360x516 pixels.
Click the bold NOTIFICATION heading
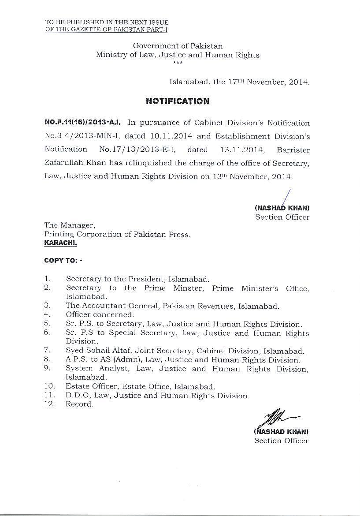178,101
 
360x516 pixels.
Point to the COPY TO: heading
63,260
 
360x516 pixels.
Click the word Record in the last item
79,404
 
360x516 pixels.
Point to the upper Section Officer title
282,217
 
